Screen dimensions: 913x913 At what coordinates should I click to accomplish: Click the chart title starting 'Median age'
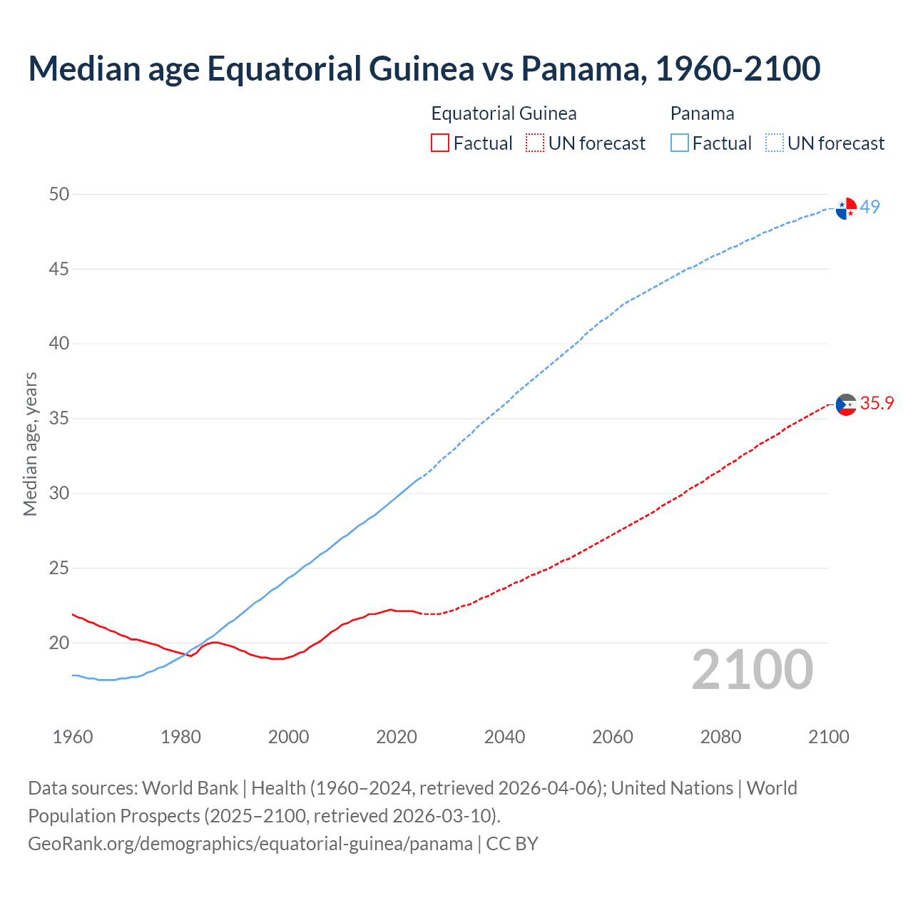424,68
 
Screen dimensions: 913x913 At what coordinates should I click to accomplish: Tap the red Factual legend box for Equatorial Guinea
440,143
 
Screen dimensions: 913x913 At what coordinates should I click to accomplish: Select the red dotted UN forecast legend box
535,143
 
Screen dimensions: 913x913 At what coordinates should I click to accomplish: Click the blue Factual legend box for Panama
679,143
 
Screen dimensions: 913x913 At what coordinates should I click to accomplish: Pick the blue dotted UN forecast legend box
774,143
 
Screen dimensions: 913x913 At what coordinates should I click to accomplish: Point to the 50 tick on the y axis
59,194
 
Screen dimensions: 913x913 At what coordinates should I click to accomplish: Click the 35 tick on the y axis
59,418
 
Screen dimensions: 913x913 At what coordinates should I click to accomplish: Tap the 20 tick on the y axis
59,643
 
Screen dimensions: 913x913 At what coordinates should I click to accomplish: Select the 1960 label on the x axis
73,737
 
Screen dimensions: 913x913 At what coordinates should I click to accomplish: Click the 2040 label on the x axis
504,737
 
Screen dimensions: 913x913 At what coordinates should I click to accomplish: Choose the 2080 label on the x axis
720,737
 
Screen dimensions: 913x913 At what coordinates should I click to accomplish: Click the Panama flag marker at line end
846,208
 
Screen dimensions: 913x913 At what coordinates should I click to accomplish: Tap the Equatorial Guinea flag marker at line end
846,404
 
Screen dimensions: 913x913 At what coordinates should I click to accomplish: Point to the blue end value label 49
869,207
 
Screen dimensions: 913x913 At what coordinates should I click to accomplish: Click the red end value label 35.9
877,403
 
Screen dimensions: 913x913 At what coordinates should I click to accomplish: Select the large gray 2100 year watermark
752,670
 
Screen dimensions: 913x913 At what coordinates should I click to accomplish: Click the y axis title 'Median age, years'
30,444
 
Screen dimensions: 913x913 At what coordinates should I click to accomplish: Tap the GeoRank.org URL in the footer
250,844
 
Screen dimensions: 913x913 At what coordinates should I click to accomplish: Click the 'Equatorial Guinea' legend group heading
504,113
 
